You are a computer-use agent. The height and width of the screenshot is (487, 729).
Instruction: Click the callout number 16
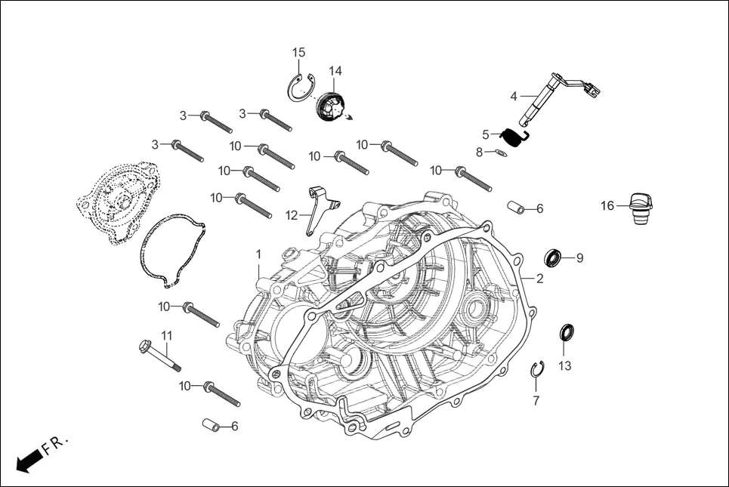click(607, 205)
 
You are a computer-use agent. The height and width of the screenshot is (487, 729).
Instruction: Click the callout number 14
click(335, 71)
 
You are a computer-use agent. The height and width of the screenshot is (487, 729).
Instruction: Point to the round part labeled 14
click(329, 105)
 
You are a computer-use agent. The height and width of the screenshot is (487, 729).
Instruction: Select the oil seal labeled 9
click(554, 258)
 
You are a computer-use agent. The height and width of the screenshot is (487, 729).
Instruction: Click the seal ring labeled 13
click(567, 333)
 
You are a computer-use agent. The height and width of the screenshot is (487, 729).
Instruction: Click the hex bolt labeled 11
click(160, 358)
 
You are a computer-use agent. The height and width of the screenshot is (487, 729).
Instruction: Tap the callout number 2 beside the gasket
click(539, 278)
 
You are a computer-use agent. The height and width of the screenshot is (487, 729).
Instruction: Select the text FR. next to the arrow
click(56, 445)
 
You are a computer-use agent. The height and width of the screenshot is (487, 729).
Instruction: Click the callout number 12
click(292, 215)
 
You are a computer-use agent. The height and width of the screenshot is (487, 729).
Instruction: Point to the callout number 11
click(167, 334)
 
